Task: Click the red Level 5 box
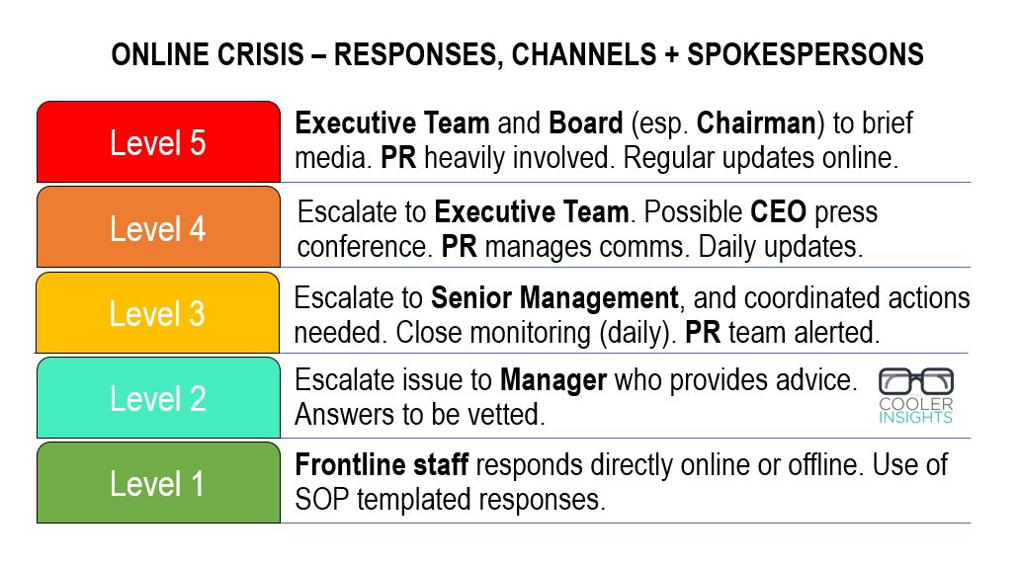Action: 158,141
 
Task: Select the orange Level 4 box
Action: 158,227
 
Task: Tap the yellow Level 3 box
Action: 158,312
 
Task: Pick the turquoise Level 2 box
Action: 158,398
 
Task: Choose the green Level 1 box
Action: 158,483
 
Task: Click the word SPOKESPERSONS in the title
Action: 806,54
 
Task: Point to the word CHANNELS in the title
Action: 584,54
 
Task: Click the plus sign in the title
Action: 672,55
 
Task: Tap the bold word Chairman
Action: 756,123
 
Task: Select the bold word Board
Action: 585,123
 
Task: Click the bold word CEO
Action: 778,211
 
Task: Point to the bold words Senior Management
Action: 554,299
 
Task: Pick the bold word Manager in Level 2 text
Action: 553,381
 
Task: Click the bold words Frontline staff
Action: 382,464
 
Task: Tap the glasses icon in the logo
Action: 916,381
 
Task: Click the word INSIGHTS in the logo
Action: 915,417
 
